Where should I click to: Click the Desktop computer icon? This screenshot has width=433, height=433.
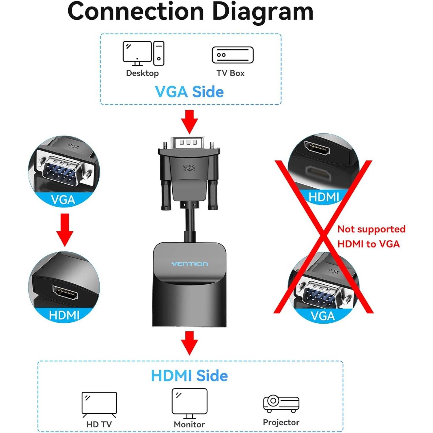[x=143, y=53]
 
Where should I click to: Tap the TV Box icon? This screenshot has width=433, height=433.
[x=232, y=55]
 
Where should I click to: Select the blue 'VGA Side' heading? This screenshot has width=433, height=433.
[x=189, y=92]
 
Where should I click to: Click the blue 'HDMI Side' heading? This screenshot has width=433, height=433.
[x=189, y=376]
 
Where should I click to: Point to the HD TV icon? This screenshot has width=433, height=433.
[x=99, y=404]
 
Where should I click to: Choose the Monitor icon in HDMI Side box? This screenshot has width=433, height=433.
[x=189, y=403]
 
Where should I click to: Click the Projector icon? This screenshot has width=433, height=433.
[x=281, y=404]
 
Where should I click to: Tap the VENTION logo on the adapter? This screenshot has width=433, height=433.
[x=190, y=264]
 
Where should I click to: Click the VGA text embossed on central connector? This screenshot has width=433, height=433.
[x=189, y=168]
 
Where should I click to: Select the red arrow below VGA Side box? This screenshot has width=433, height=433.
[x=189, y=122]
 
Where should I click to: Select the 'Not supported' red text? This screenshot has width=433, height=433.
[x=371, y=229]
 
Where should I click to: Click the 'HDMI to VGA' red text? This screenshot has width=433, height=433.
[x=368, y=244]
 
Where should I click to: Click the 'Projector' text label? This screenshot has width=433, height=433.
[x=281, y=422]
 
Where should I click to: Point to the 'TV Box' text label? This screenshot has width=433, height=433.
[x=230, y=73]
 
